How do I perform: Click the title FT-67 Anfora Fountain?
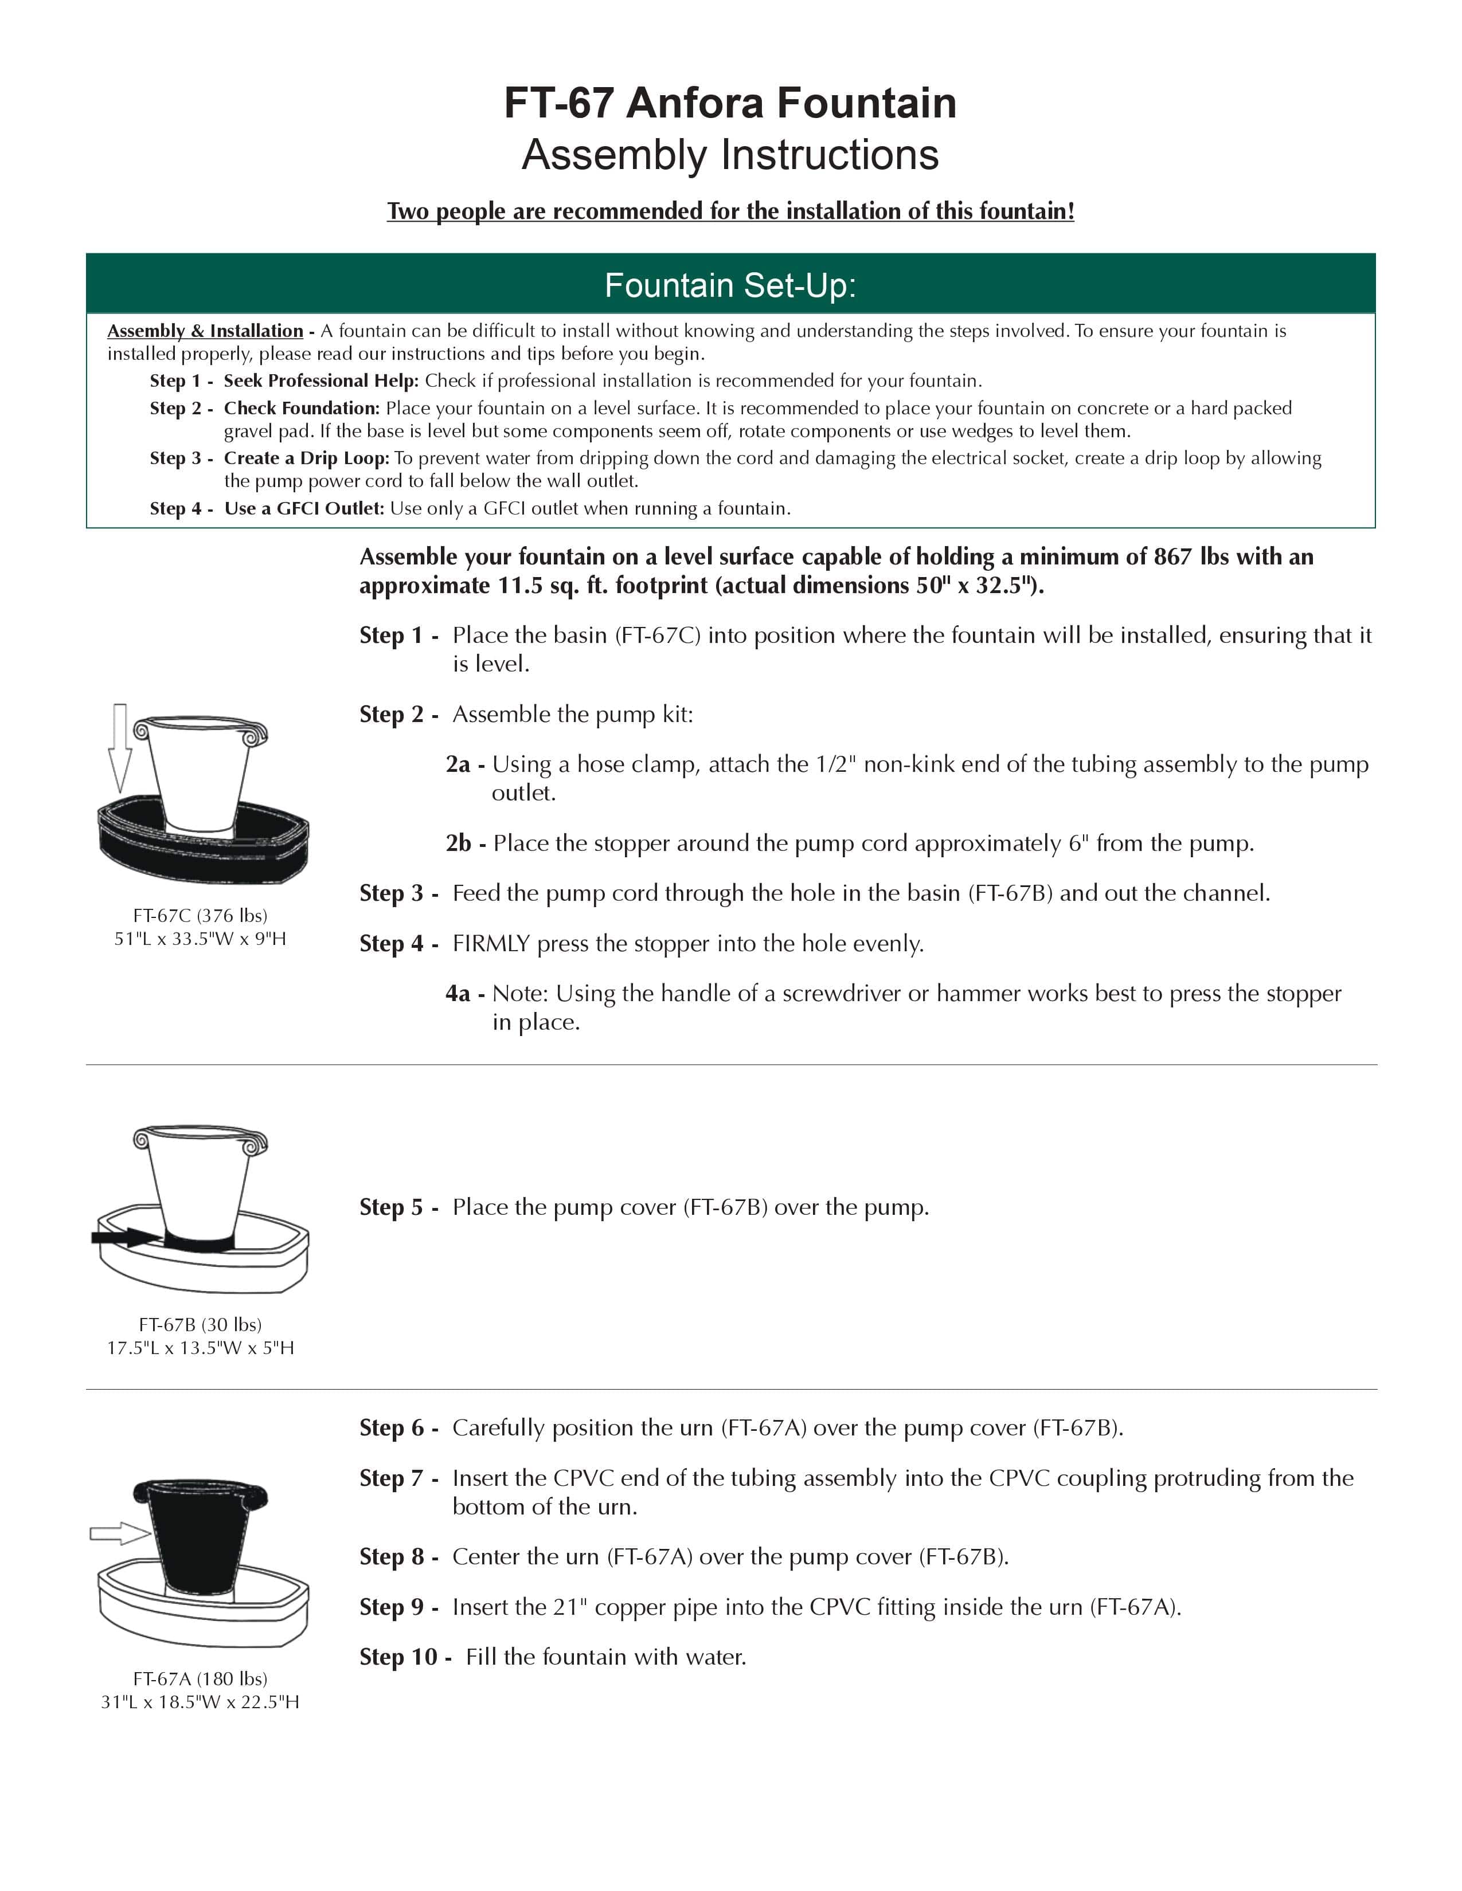pyautogui.click(x=730, y=103)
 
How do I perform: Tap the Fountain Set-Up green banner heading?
pyautogui.click(x=730, y=285)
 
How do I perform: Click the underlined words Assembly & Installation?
pyautogui.click(x=205, y=331)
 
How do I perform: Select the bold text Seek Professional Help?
pyautogui.click(x=320, y=381)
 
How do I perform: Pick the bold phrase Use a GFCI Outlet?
pyautogui.click(x=303, y=508)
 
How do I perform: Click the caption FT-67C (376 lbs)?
pyautogui.click(x=200, y=915)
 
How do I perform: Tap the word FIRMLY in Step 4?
pyautogui.click(x=490, y=944)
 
